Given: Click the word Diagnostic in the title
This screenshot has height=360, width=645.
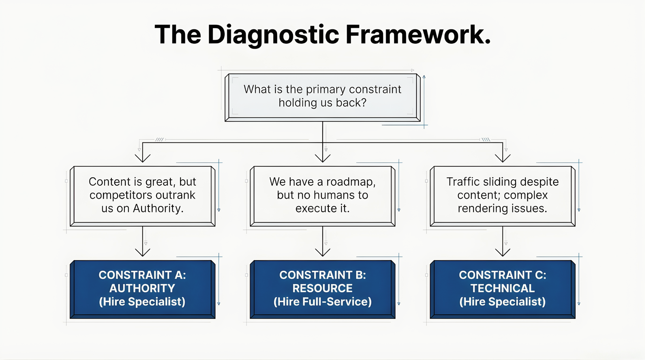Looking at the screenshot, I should tap(273, 35).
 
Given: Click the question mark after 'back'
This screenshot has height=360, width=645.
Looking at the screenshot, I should tap(364, 103).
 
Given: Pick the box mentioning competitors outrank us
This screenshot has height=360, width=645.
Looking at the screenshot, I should tap(142, 195).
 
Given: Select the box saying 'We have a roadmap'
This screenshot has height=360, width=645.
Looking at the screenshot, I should tap(322, 195).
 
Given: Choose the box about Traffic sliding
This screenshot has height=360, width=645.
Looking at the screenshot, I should tap(503, 195).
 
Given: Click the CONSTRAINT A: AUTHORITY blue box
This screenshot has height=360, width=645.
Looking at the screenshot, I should tap(142, 288).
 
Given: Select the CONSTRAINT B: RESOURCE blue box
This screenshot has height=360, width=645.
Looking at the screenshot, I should tap(322, 288).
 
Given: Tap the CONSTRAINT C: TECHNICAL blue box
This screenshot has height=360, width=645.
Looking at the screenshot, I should tap(503, 288).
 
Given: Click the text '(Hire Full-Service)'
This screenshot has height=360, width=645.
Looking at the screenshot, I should tap(322, 302).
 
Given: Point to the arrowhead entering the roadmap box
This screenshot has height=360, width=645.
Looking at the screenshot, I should tap(322, 159).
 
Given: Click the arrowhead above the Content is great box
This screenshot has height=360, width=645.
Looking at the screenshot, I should tap(142, 159).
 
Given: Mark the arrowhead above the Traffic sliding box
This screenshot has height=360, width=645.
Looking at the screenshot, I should tap(503, 159).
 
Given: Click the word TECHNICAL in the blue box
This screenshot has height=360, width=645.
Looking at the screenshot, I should tap(503, 288).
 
